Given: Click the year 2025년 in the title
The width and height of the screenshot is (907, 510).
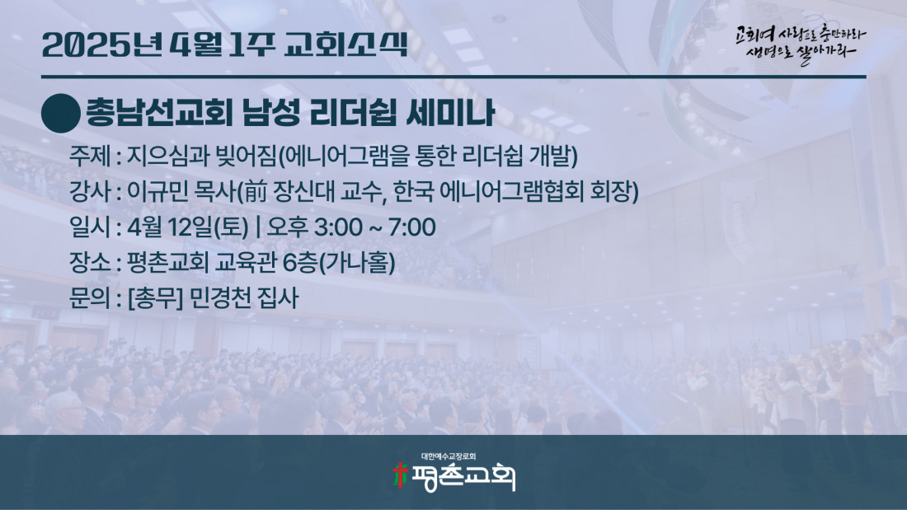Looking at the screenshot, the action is click(x=101, y=44).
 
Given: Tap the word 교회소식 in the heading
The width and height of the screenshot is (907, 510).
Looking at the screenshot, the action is click(x=346, y=44).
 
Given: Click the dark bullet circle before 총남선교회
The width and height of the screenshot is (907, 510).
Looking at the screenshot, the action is click(x=61, y=114).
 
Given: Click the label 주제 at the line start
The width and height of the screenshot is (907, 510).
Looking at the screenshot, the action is click(x=90, y=156).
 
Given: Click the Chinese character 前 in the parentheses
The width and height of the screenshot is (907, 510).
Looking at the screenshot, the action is click(x=256, y=192).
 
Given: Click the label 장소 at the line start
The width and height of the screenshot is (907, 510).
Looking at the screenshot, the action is click(x=90, y=263).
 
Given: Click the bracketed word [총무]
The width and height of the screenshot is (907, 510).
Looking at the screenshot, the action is click(x=155, y=298).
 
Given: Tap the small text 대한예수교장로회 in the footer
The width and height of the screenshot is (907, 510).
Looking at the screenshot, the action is click(x=449, y=456).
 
